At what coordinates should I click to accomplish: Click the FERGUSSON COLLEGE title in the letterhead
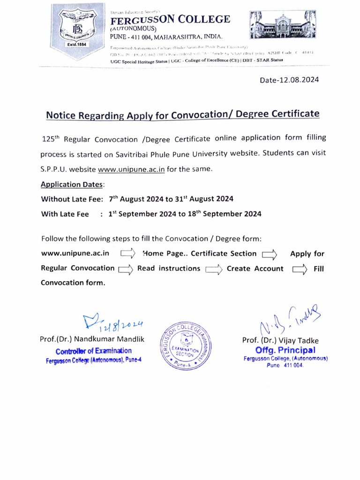pos(170,20)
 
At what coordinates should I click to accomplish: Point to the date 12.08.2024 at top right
pos(289,80)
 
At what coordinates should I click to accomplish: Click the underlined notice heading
pos(182,115)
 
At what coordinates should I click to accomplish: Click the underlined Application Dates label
pos(72,185)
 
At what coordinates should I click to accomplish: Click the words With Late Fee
pos(65,214)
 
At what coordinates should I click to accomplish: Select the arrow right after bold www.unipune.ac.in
pos(128,254)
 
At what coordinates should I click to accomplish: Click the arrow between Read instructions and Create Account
pos(213,269)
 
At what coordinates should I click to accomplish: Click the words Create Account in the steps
pos(255,269)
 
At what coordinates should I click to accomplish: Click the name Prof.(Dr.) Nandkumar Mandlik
pos(92,339)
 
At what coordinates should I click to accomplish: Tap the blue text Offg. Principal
pos(285,350)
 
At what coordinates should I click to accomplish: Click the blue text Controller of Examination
pos(94,351)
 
